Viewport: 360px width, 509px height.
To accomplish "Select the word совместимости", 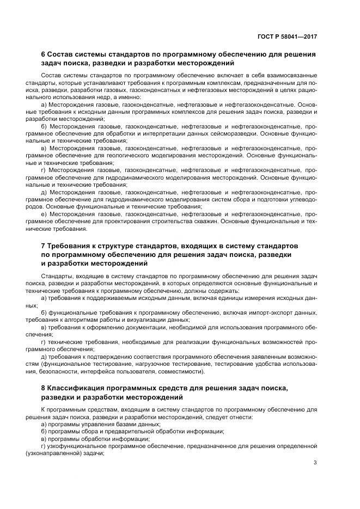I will click(x=181, y=372).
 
